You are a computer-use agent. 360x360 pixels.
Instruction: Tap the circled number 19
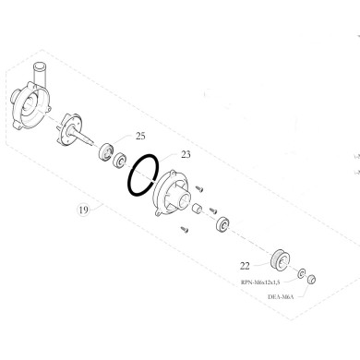click(x=84, y=210)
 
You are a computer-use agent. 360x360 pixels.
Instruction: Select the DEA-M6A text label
click(x=282, y=297)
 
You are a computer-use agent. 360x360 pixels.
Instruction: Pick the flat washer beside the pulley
click(x=301, y=271)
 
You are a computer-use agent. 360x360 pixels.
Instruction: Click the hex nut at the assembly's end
click(x=313, y=279)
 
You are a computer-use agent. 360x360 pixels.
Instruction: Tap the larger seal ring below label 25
click(x=105, y=150)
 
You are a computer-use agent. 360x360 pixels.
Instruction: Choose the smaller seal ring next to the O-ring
click(x=119, y=160)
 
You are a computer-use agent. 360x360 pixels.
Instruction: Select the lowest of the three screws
click(x=184, y=228)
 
